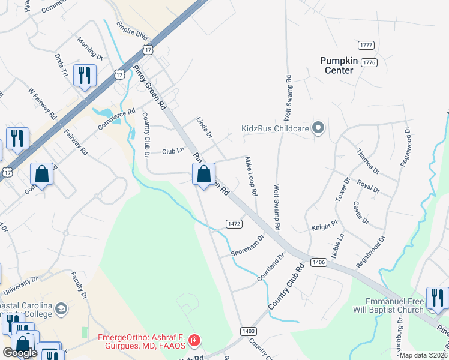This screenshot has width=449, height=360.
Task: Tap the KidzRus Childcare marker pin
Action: click(x=318, y=128)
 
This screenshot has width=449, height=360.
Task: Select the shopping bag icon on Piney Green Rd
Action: click(x=203, y=175)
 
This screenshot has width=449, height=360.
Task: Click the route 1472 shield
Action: click(x=234, y=223)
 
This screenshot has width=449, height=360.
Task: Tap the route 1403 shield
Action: click(x=249, y=331)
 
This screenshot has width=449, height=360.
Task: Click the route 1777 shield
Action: click(x=366, y=46)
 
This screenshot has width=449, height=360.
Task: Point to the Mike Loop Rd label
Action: click(x=251, y=177)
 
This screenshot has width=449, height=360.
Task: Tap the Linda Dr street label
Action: click(x=205, y=128)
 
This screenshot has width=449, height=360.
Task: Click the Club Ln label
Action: click(x=172, y=151)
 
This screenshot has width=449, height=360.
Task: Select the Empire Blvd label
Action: click(x=133, y=31)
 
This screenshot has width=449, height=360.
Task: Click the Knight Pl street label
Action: click(x=325, y=228)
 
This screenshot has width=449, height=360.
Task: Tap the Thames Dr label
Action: click(x=368, y=161)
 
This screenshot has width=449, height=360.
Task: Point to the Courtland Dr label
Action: click(x=270, y=268)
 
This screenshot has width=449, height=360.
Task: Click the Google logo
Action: click(x=20, y=353)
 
